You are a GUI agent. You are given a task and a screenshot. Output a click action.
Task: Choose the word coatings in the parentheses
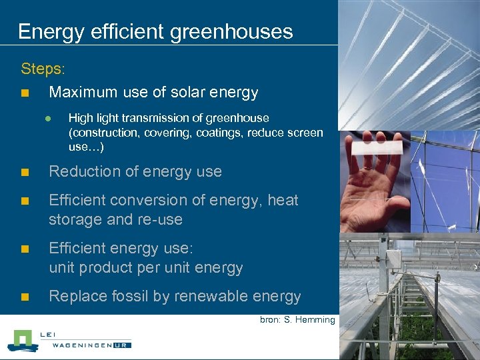click(x=221, y=133)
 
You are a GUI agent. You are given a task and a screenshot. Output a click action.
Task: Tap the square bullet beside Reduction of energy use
click(x=25, y=172)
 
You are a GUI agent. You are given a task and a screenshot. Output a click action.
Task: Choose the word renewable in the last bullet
click(x=201, y=296)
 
